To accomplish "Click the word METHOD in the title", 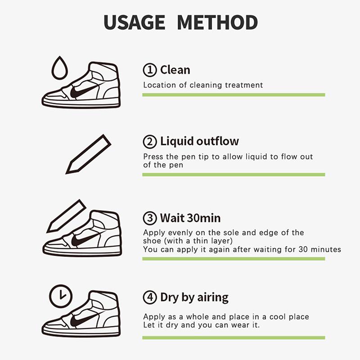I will click(217, 22).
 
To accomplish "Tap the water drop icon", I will click(59, 68).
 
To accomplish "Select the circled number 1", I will click(149, 70).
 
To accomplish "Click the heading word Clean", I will click(175, 70).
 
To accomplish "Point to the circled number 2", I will click(149, 142).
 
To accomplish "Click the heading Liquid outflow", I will click(199, 141).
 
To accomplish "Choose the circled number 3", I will click(149, 219).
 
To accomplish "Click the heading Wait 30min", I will click(190, 218).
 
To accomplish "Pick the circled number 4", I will click(149, 298).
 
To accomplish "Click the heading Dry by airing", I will click(194, 297).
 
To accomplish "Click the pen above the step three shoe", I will click(66, 216).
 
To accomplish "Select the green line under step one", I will click(234, 95).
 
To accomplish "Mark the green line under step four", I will click(234, 337).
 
